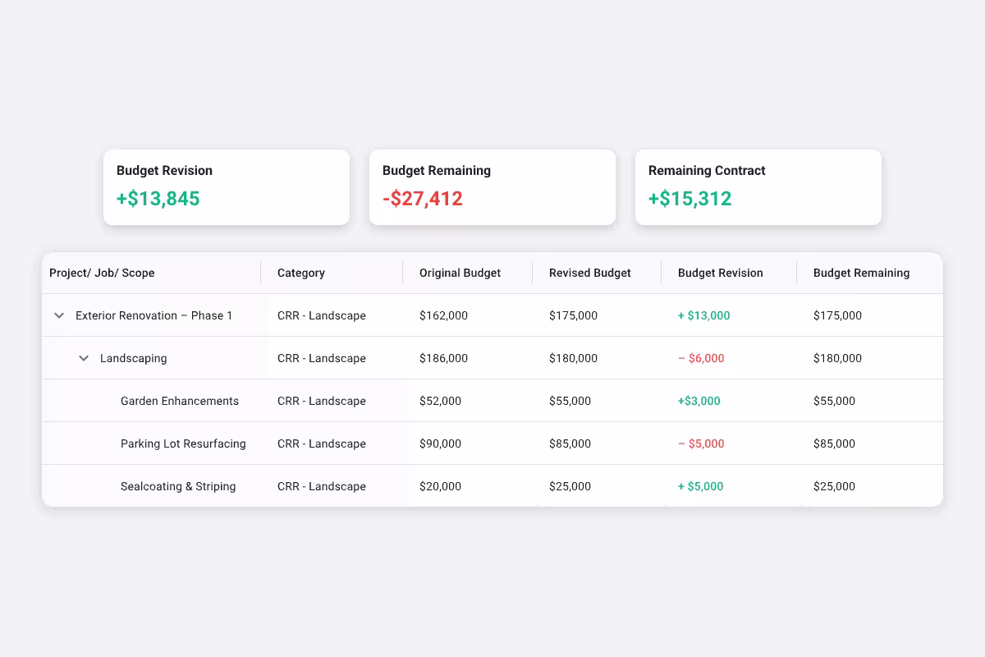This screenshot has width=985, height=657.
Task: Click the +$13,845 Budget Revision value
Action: (158, 199)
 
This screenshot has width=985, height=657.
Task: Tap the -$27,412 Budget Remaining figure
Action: (422, 199)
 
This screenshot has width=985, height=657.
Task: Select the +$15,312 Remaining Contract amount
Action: (689, 199)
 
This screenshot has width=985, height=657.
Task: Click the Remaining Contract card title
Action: (706, 171)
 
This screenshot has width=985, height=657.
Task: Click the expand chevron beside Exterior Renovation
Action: (59, 315)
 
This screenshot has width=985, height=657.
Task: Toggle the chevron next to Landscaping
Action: (84, 358)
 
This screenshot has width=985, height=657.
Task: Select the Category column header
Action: (301, 273)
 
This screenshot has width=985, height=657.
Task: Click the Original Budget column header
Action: (460, 273)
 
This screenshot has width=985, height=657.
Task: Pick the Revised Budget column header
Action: (589, 273)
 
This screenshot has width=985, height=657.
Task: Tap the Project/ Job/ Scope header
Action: (102, 273)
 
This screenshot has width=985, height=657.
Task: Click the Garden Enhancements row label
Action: (180, 401)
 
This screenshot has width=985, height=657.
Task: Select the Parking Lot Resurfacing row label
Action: (183, 443)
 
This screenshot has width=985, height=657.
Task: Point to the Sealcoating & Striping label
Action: (178, 486)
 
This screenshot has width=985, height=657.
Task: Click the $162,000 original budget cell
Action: (443, 315)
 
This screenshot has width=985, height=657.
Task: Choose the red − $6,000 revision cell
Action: (701, 358)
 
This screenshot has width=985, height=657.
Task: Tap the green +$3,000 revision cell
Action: (699, 401)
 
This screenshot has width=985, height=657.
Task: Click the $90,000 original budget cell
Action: (440, 443)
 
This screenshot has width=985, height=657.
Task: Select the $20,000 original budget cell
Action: (440, 486)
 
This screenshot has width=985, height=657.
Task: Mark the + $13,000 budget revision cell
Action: (703, 315)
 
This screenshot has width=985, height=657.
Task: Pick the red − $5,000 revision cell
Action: (701, 443)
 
